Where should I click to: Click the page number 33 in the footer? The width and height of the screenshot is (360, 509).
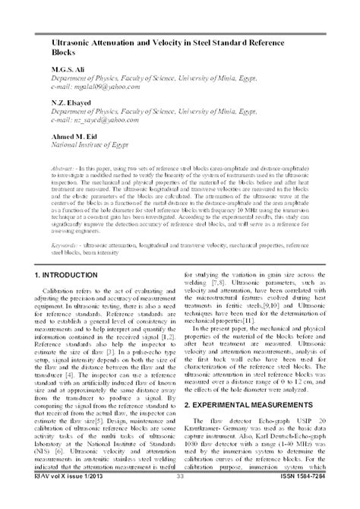pyautogui.click(x=180, y=498)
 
